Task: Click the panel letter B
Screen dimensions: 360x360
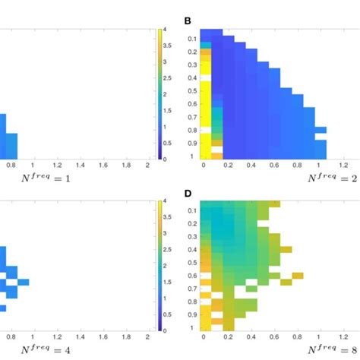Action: [x=188, y=21]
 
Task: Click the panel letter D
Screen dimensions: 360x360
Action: [x=188, y=194]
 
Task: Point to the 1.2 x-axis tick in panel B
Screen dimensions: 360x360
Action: [x=343, y=164]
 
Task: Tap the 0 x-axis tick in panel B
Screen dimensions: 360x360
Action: [x=204, y=164]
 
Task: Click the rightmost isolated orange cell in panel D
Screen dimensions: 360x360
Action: [x=298, y=275]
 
